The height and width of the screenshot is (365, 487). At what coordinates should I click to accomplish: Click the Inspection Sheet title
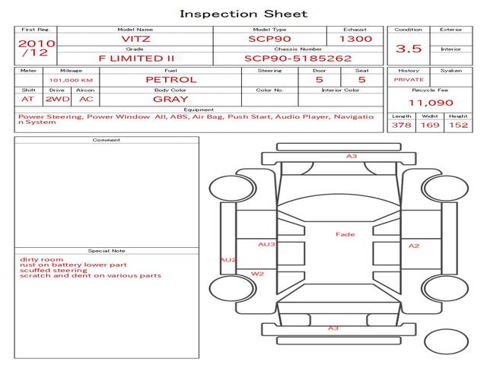[x=243, y=14]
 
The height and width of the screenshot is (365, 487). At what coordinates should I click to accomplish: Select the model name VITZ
[x=135, y=39]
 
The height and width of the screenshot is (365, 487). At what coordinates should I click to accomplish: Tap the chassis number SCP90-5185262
[x=298, y=58]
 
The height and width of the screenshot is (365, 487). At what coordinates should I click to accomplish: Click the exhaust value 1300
[x=355, y=39]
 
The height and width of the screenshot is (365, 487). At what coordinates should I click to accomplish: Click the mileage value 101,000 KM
[x=71, y=79]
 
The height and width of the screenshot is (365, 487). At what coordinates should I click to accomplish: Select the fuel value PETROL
[x=170, y=79]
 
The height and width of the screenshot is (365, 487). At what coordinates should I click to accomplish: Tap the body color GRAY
[x=170, y=99]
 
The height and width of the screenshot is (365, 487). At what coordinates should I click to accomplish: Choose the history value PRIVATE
[x=409, y=79]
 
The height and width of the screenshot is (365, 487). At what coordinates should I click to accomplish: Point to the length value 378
[x=401, y=125]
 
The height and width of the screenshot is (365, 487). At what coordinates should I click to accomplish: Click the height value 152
[x=458, y=125]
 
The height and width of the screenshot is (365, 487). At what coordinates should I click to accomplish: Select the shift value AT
[x=28, y=99]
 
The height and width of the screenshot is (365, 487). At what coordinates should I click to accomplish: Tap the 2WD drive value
[x=56, y=99]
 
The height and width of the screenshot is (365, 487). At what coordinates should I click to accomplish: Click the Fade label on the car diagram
[x=345, y=234]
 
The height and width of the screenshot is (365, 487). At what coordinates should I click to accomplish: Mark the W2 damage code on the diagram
[x=257, y=274]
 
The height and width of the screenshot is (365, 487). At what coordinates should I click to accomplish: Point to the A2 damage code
[x=414, y=246]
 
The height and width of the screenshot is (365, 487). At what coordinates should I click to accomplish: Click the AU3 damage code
[x=266, y=245]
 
